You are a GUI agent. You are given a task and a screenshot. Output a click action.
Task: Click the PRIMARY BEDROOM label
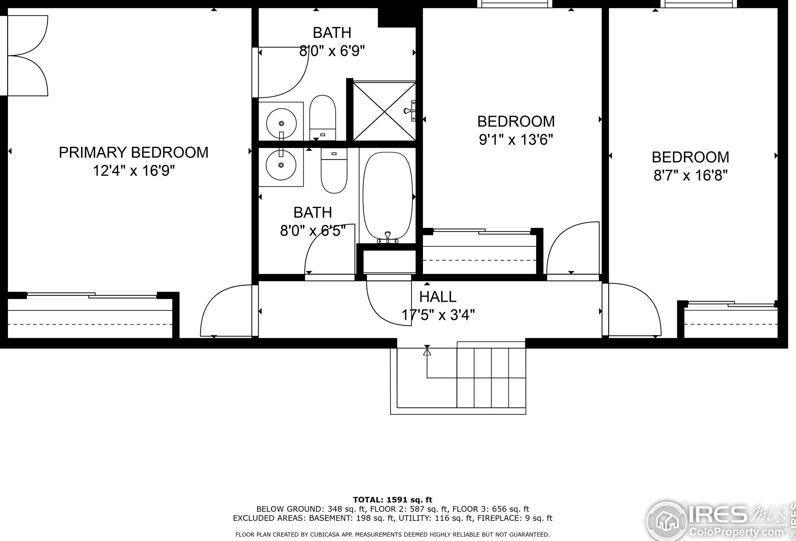(x=134, y=153)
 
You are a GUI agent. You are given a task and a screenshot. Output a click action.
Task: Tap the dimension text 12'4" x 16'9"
(x=134, y=170)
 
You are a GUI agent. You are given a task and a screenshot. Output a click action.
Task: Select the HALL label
(x=438, y=297)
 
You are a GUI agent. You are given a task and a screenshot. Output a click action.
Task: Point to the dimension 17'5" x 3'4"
(x=438, y=315)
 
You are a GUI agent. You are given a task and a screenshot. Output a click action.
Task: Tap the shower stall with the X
(x=384, y=111)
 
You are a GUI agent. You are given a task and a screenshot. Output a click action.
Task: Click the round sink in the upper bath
(x=281, y=123)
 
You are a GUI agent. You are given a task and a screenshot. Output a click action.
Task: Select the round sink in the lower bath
(x=281, y=165)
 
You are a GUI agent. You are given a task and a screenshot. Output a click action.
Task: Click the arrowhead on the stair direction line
(x=427, y=352)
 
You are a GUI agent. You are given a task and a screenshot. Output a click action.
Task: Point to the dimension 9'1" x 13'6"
(x=516, y=140)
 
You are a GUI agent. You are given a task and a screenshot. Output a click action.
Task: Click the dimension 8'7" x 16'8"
(x=690, y=176)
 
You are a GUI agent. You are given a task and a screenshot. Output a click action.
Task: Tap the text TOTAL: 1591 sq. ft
(x=392, y=500)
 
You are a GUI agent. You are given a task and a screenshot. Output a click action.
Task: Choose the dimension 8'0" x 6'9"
(x=332, y=51)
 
